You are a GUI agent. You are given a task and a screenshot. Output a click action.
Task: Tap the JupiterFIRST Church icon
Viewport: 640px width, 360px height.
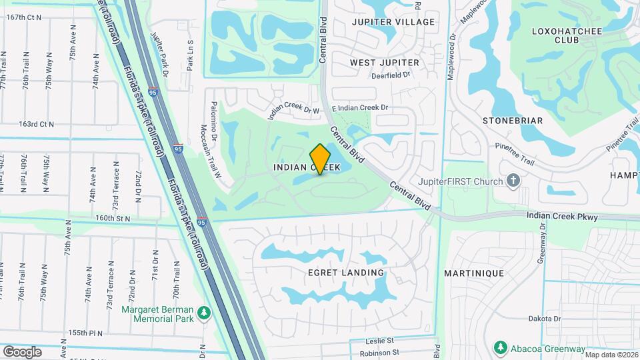513,180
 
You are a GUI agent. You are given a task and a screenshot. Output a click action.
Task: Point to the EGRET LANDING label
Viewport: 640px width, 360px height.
346,273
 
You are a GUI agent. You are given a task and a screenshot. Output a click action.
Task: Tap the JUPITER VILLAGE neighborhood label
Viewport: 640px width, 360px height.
393,22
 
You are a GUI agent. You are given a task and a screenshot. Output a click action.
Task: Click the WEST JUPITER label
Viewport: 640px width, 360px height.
385,63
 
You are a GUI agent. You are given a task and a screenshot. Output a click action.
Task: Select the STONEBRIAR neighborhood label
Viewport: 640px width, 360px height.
512,121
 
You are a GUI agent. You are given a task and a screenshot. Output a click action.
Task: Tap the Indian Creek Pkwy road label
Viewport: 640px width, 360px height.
562,216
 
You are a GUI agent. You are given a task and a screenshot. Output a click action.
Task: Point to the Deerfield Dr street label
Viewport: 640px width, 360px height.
391,75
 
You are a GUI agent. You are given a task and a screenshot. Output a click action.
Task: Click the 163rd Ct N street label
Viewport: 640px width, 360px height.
36,124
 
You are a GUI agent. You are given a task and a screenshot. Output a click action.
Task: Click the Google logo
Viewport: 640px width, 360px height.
22,351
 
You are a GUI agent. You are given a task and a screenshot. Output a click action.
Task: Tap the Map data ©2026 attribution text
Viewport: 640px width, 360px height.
611,355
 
